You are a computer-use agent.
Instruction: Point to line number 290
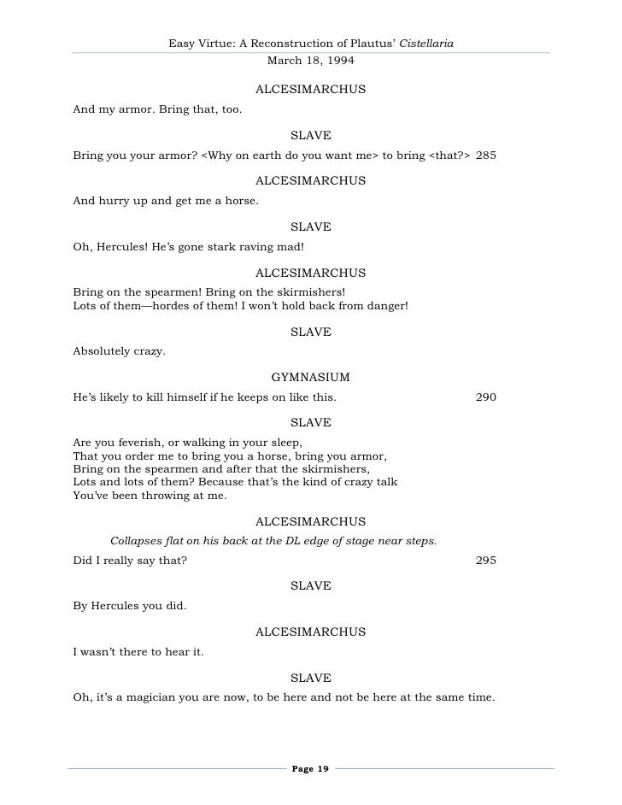tap(486, 397)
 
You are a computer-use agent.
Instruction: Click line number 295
tap(486, 561)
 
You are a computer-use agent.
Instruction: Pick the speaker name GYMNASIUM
tap(311, 377)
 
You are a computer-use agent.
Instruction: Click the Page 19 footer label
tap(310, 769)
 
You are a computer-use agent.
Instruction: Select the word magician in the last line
tap(154, 697)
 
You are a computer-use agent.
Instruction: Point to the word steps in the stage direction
tap(420, 540)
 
